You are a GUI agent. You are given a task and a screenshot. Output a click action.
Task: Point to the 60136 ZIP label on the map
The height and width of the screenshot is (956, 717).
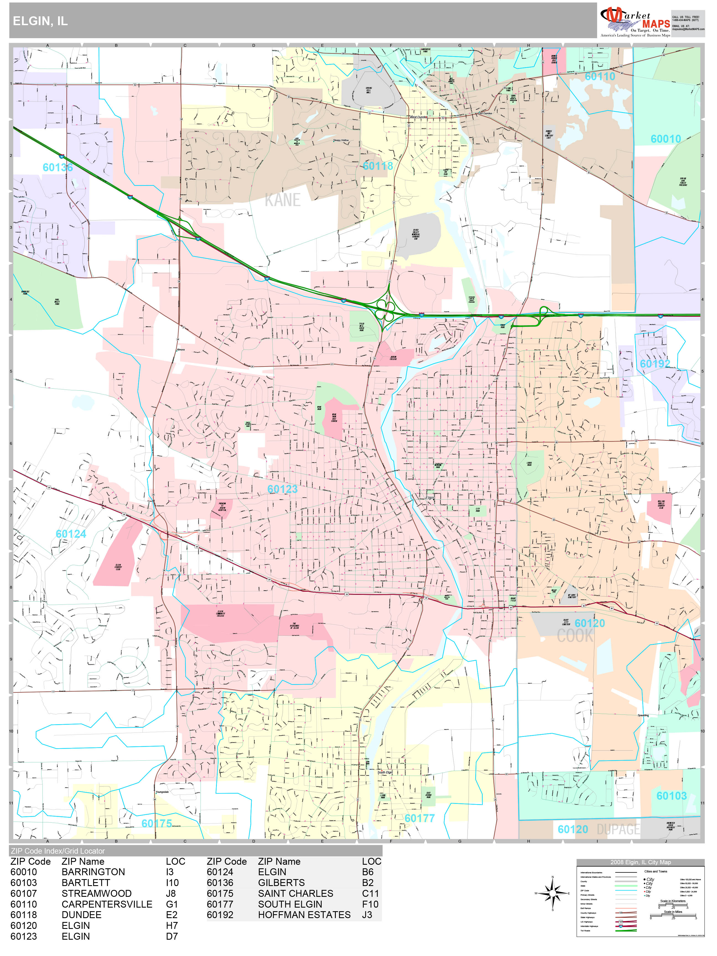(58, 168)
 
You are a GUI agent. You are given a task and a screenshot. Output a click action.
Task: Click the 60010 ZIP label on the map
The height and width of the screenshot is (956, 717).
(666, 139)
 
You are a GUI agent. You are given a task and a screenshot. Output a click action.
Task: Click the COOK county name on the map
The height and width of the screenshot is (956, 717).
(575, 636)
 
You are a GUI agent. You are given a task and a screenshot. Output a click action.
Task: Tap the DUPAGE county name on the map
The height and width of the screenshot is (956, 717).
(618, 829)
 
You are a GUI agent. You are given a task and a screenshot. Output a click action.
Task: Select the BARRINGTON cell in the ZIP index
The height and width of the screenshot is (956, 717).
(93, 872)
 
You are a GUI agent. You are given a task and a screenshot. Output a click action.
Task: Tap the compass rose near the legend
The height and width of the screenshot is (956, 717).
(552, 893)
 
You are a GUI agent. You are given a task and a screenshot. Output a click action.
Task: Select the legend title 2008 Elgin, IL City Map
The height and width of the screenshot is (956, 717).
(640, 862)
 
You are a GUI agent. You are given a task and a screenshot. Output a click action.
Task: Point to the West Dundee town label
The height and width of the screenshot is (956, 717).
(418, 117)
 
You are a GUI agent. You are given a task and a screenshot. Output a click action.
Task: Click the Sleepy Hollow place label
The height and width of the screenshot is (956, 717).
(341, 141)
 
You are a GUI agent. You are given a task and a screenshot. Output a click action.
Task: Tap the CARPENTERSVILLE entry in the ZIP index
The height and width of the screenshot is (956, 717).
(107, 904)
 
